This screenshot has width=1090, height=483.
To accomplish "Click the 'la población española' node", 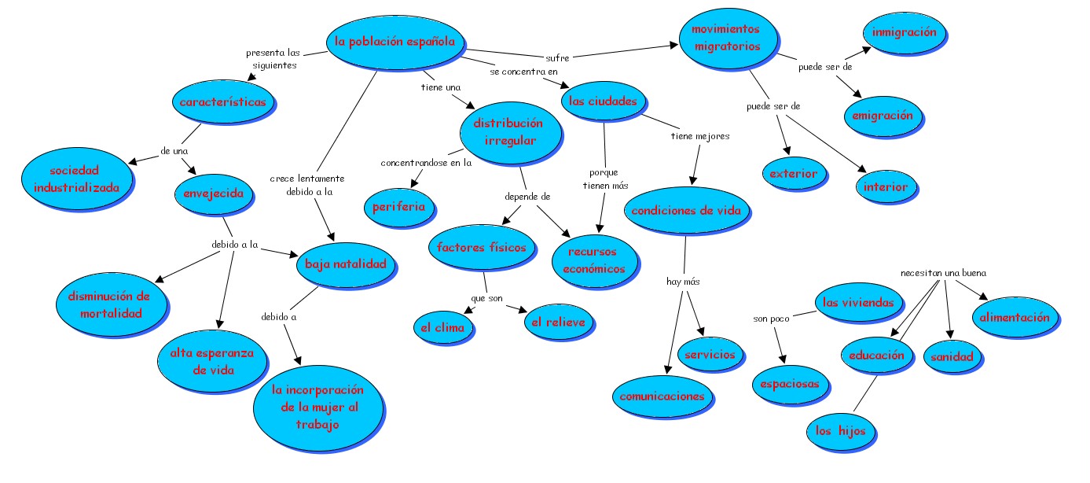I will [395, 42].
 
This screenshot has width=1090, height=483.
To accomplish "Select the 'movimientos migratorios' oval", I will [726, 38].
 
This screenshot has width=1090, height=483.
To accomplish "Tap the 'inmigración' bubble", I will [904, 33].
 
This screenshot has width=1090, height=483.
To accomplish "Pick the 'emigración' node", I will [883, 116].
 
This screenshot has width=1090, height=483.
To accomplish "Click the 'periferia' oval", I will [399, 207].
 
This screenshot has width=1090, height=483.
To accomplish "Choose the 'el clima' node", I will [443, 327].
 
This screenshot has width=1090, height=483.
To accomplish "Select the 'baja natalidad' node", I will [341, 264].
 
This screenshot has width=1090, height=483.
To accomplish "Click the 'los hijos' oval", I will [840, 431].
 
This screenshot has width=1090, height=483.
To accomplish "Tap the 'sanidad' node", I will [952, 356].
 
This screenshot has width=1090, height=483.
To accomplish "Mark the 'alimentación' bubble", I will [1014, 318].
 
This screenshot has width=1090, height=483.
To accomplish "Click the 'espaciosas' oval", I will [790, 385].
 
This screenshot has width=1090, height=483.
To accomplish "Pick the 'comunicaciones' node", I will [662, 396].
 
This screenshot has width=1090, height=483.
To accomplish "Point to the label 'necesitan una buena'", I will [943, 273].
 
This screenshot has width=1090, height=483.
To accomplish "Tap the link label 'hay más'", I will [682, 281].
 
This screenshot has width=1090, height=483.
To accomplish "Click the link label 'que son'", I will [486, 298].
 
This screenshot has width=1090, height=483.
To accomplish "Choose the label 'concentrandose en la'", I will [426, 164].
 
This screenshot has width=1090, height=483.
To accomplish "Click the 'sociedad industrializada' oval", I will [76, 179].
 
